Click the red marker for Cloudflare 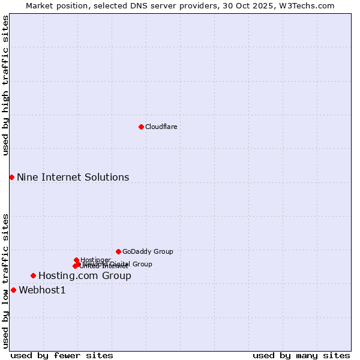(141, 127)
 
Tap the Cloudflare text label (161, 127)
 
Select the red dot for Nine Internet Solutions (11, 177)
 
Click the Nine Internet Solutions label (73, 177)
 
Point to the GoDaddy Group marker (118, 251)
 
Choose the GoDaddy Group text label (148, 251)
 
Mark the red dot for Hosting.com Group (33, 275)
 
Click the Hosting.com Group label (85, 276)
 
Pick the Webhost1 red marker (13, 290)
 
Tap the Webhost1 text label (42, 290)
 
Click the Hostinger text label (95, 260)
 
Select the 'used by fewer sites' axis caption (62, 355)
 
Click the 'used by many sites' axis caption (301, 355)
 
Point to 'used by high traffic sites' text (6, 85)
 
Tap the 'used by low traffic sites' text (6, 281)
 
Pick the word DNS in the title (133, 5)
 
